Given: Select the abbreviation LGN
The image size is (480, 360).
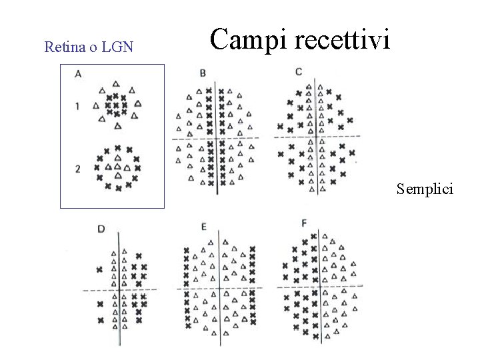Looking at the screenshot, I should [118, 47].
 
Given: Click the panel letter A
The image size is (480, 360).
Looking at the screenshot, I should [79, 74].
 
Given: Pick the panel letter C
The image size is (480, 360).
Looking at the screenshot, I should [299, 71].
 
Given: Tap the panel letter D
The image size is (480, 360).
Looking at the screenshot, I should [101, 229].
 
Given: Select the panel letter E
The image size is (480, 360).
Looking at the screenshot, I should [203, 227].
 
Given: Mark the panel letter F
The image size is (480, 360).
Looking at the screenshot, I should [305, 223].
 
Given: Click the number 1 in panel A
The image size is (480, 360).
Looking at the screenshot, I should [77, 105].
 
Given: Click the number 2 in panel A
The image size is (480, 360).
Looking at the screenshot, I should [77, 169].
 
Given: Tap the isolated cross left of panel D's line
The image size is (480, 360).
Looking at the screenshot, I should [100, 269].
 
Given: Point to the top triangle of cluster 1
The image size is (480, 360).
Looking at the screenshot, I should [116, 83].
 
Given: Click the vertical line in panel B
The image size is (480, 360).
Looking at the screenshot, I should [217, 160].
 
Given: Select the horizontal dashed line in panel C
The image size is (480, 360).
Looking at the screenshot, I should [333, 137].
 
